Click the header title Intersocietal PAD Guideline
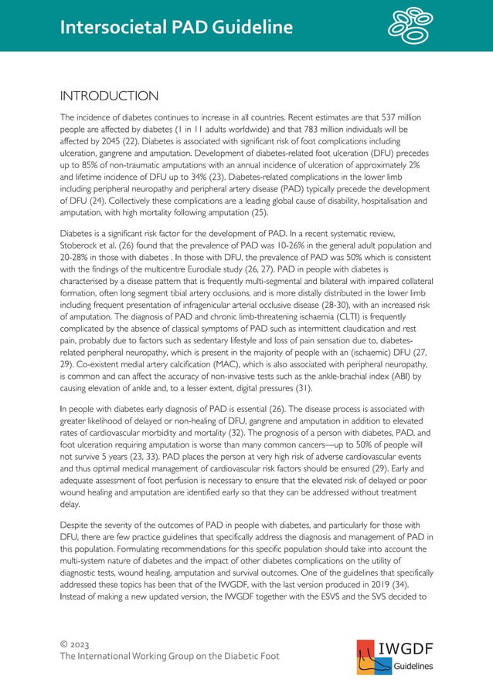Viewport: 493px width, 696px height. point(178,28)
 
